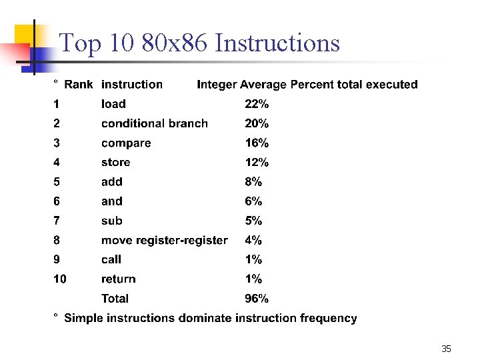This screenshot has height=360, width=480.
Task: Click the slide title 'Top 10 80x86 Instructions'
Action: pos(199,44)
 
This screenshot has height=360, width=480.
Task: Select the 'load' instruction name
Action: pos(113,104)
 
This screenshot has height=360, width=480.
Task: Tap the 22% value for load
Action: pos(257,104)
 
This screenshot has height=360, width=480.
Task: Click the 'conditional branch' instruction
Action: pos(154,123)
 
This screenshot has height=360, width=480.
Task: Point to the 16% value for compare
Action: pos(257,143)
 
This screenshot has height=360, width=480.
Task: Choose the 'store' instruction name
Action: pos(115,162)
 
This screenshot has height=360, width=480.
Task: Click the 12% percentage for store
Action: pos(257,162)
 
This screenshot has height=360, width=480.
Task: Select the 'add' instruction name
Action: pos(112,181)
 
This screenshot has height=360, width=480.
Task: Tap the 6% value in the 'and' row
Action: pos(253,201)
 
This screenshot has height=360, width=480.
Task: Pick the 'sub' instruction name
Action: pos(112,221)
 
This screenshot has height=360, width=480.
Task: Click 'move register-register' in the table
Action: pos(164,240)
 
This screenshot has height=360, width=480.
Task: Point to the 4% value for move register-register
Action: pos(253,240)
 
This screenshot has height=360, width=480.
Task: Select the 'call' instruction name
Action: pos(111,259)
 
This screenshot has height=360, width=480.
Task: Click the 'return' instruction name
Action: pos(118,279)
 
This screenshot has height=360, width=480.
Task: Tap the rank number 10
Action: pos(60,279)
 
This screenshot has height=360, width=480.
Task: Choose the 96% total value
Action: pos(257,299)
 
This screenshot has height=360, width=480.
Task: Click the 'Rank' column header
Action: pos(78,85)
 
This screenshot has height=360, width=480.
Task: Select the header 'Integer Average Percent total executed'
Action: pos(307,85)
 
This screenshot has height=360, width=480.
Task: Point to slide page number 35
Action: pos(446,349)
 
